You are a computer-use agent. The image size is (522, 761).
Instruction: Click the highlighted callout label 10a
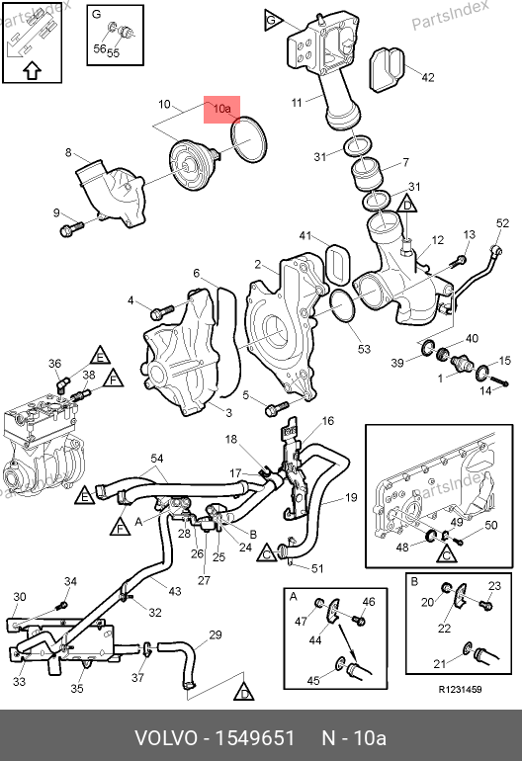(221, 109)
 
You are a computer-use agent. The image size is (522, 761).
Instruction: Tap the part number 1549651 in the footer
(254, 738)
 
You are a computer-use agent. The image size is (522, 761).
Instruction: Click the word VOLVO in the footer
(166, 738)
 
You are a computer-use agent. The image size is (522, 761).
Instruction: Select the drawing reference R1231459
(461, 690)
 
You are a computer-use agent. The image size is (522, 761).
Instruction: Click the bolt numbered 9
(71, 227)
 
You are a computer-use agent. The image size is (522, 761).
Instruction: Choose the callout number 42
(428, 77)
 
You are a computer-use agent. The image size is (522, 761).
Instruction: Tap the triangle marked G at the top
(274, 20)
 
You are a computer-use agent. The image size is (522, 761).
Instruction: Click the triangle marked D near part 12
(407, 204)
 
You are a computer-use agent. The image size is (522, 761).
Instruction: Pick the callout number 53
(364, 349)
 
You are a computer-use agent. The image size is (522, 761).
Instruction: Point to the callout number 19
(351, 497)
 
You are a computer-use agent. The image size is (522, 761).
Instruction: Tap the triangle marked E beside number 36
(100, 356)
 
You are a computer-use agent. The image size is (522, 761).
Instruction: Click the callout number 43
(174, 591)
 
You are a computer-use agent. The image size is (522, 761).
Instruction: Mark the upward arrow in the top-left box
(32, 70)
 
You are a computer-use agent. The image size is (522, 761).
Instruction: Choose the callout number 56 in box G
(99, 48)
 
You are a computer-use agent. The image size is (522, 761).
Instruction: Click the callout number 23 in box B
(494, 586)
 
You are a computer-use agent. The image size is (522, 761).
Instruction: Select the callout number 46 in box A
(369, 602)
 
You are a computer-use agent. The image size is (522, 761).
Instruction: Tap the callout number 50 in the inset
(491, 525)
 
